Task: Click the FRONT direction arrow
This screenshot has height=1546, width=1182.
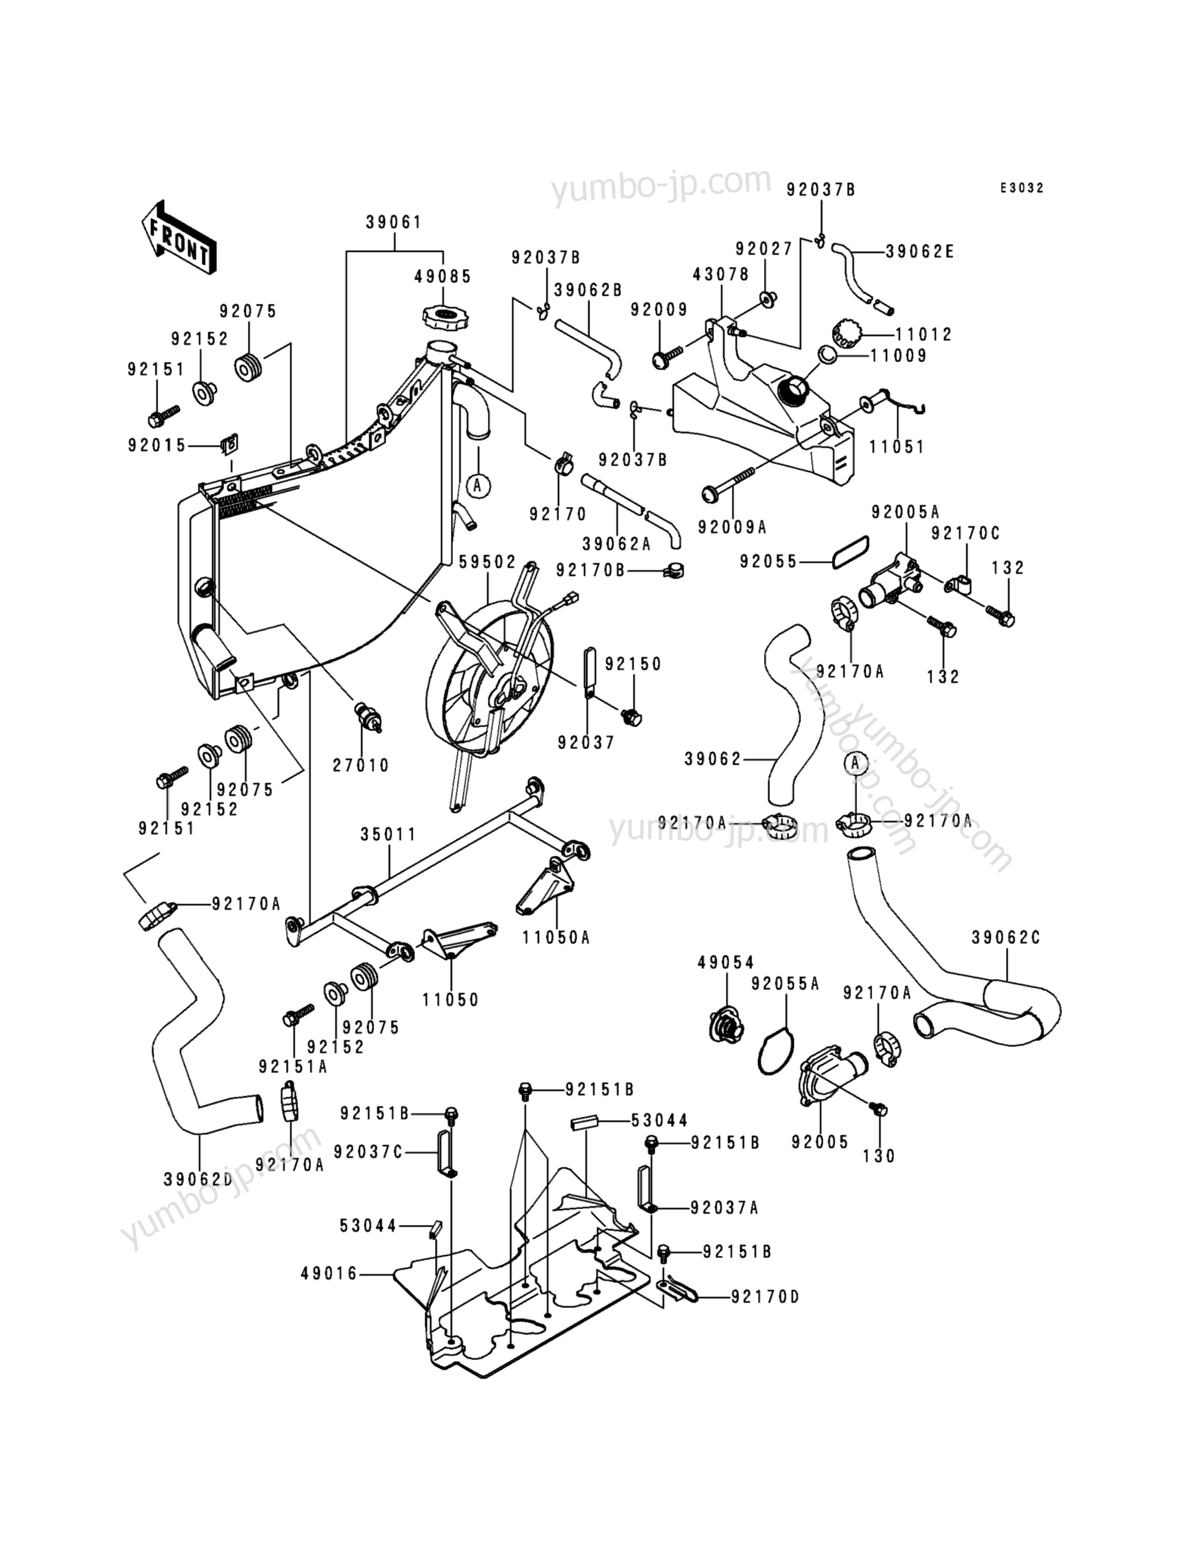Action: coord(178,237)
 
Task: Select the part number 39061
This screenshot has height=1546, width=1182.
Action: coord(394,222)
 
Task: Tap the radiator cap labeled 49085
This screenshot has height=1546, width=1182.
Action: coord(442,314)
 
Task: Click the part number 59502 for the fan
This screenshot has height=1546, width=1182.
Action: coord(487,563)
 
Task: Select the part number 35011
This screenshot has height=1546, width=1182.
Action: coord(388,835)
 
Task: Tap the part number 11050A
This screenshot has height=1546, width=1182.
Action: coord(556,937)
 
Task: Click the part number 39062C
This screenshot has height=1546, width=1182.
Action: coord(1005,937)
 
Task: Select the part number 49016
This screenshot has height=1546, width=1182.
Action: coord(329,1274)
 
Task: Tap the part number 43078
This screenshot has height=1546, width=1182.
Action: coord(721,274)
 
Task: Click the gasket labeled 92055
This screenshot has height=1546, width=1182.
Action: coord(850,551)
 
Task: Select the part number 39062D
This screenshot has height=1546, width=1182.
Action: coord(198,1179)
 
